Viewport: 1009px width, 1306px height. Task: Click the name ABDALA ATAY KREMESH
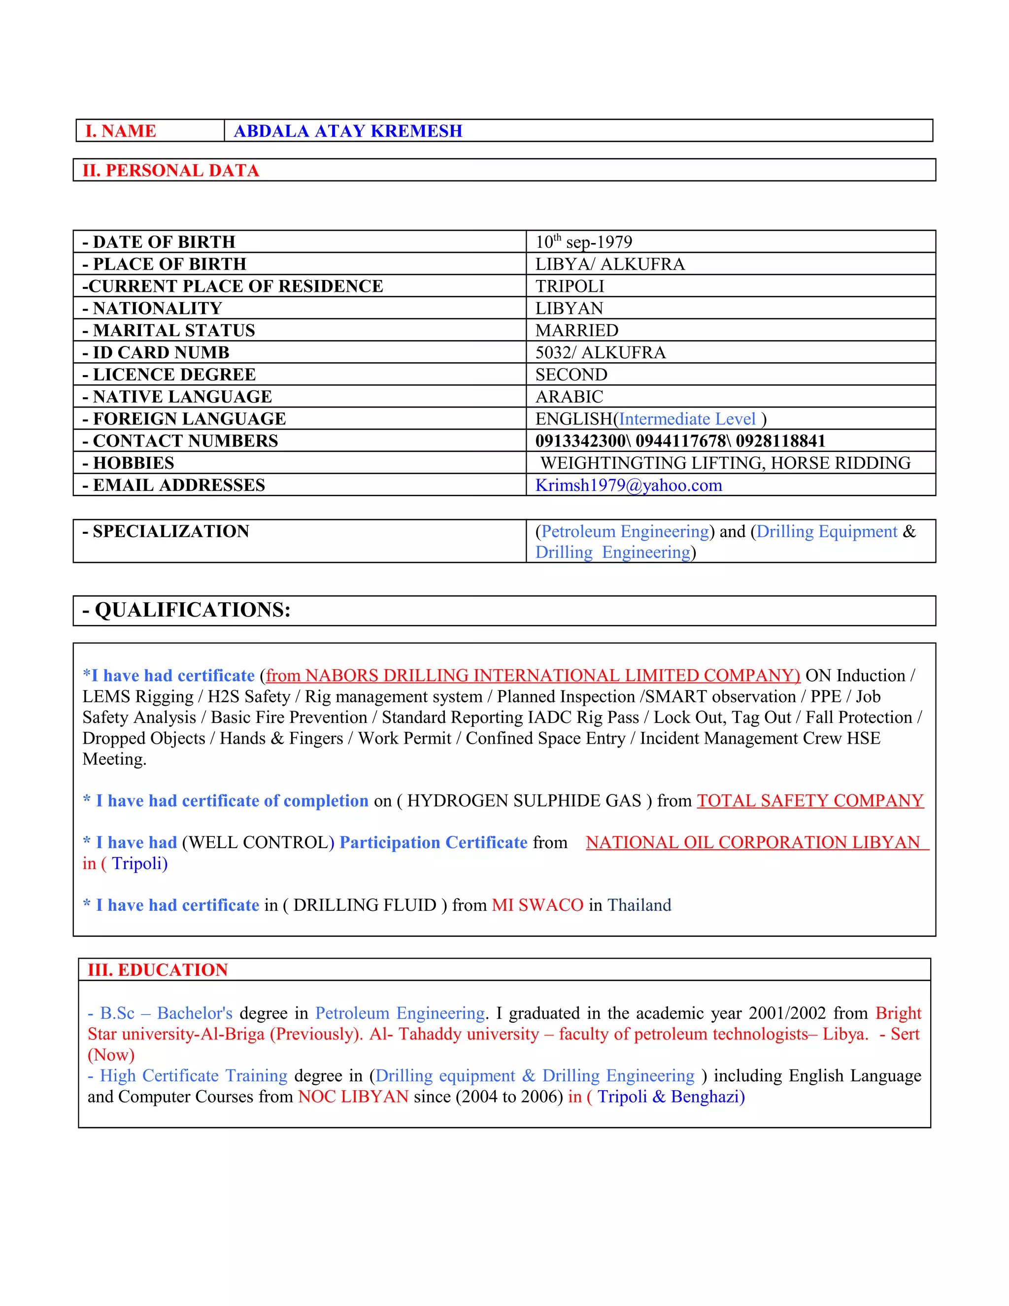point(348,131)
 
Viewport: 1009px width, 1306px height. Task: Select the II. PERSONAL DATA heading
point(170,171)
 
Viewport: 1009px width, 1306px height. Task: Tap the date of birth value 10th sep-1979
point(583,241)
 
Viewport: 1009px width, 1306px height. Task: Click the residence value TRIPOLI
point(570,286)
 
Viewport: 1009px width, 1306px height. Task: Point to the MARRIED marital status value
point(577,330)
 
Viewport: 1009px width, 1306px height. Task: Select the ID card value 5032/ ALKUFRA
point(600,352)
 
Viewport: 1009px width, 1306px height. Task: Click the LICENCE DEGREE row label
point(169,375)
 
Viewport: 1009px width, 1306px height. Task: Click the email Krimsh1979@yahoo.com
point(628,485)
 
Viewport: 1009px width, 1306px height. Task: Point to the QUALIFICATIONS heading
point(187,610)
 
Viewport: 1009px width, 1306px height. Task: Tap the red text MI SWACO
point(537,905)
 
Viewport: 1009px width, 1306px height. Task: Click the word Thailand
point(639,905)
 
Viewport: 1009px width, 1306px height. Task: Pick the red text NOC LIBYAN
point(353,1096)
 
